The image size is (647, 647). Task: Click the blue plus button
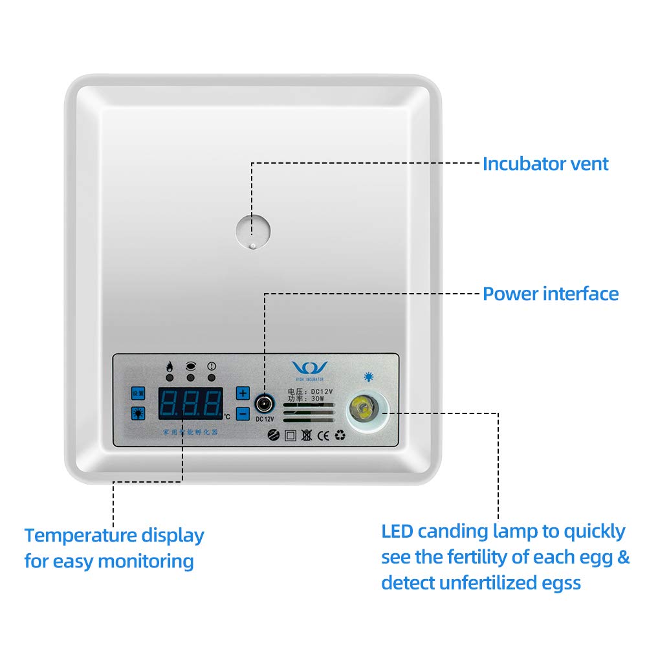243,393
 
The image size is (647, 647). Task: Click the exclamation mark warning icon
211,366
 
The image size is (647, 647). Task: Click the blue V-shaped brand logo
309,367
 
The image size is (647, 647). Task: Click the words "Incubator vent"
545,164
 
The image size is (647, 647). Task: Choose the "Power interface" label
551,294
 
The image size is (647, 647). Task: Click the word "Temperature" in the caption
81,536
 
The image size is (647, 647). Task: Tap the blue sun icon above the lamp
369,376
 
